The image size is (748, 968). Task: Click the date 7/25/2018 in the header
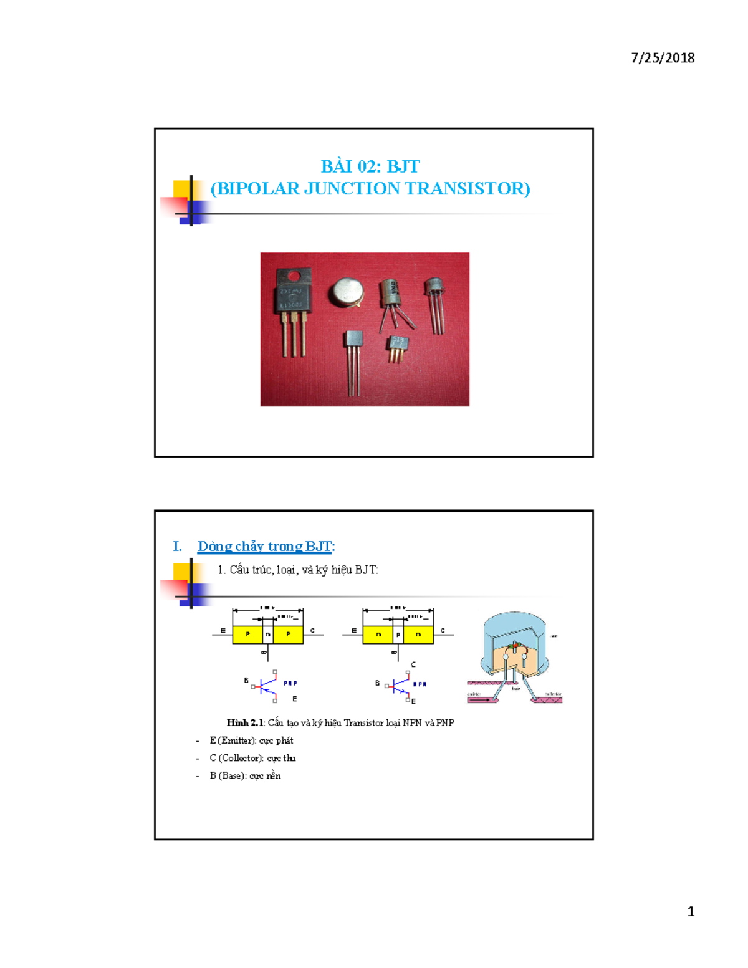(x=663, y=58)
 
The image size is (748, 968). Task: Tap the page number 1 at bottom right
(x=691, y=911)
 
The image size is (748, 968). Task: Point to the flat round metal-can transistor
(x=347, y=291)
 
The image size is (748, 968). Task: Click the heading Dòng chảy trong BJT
(x=265, y=546)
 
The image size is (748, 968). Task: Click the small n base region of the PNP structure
(x=267, y=635)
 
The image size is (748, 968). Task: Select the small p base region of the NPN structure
(x=398, y=635)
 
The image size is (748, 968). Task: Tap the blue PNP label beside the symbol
(x=290, y=683)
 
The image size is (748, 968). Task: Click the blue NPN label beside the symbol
(x=420, y=684)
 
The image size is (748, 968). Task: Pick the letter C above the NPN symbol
(x=413, y=665)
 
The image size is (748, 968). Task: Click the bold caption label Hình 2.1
(x=246, y=722)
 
